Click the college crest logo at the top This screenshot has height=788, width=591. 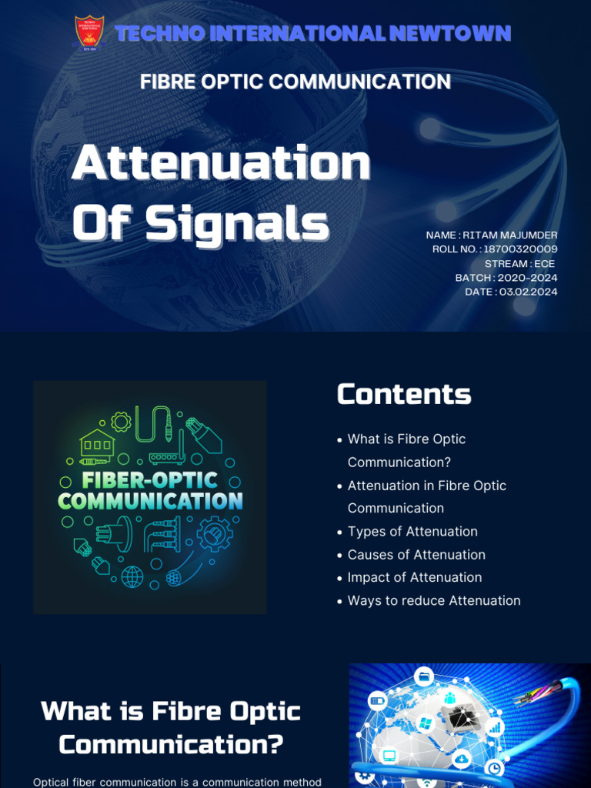pos(89,33)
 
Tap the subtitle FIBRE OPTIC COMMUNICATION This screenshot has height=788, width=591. pos(295,82)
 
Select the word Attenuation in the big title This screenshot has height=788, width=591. pos(221,163)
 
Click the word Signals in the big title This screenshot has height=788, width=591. pos(237,223)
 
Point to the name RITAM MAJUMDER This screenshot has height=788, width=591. pos(510,235)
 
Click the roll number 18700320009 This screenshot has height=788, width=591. pos(520,249)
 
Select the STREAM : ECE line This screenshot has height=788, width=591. pos(519,263)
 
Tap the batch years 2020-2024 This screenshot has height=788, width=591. pos(528,278)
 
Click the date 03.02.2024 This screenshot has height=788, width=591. pos(528,292)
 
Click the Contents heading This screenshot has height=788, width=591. pos(404,394)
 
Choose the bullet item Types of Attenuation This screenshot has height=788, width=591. pos(412,532)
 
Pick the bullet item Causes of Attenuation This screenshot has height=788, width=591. pos(416,555)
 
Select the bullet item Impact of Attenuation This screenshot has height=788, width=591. pos(415,577)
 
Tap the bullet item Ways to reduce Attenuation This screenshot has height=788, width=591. pos(434,600)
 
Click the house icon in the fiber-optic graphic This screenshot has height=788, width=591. pos(98,442)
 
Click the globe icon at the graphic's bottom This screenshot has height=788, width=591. pos(132,575)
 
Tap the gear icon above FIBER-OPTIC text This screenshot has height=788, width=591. pos(121,421)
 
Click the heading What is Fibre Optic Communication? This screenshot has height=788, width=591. pos(171,727)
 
